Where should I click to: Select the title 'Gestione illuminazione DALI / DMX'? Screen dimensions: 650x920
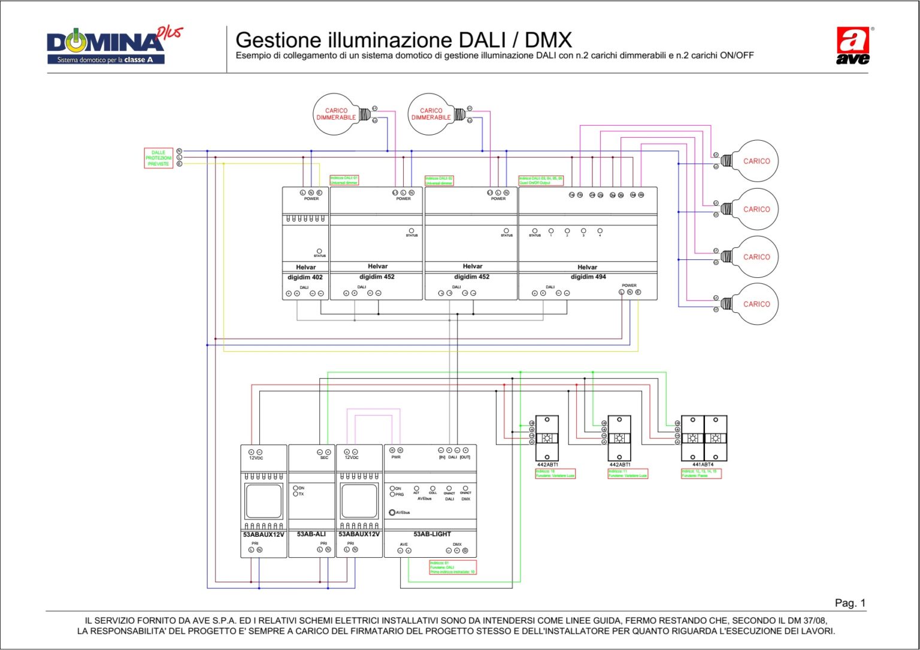pos(403,40)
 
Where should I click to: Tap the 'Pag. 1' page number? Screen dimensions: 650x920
pos(850,603)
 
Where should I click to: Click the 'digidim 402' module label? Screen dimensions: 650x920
pos(305,277)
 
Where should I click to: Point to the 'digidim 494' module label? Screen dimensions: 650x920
pos(588,277)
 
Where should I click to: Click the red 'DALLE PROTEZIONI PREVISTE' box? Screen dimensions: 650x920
pos(158,158)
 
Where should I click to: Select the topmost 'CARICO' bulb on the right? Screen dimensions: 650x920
pos(756,161)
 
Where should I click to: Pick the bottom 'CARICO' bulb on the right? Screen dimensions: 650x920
pos(756,304)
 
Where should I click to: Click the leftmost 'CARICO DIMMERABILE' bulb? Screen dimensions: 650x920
pos(335,114)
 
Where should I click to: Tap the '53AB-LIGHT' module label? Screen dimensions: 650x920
pos(432,534)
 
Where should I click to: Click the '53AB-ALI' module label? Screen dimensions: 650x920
pos(311,534)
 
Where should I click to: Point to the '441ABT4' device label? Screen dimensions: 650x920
pos(703,464)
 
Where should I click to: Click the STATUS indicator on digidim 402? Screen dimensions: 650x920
pos(319,252)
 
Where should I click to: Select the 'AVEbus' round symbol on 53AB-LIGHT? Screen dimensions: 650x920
pos(392,513)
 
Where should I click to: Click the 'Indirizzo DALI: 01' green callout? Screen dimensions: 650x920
pos(344,180)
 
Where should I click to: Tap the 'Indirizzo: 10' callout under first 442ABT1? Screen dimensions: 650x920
pos(555,473)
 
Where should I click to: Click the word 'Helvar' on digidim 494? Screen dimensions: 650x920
pos(587,267)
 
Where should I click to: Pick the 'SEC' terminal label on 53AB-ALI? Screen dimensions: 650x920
pos(324,458)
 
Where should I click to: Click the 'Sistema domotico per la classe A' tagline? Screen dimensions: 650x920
pos(105,60)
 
